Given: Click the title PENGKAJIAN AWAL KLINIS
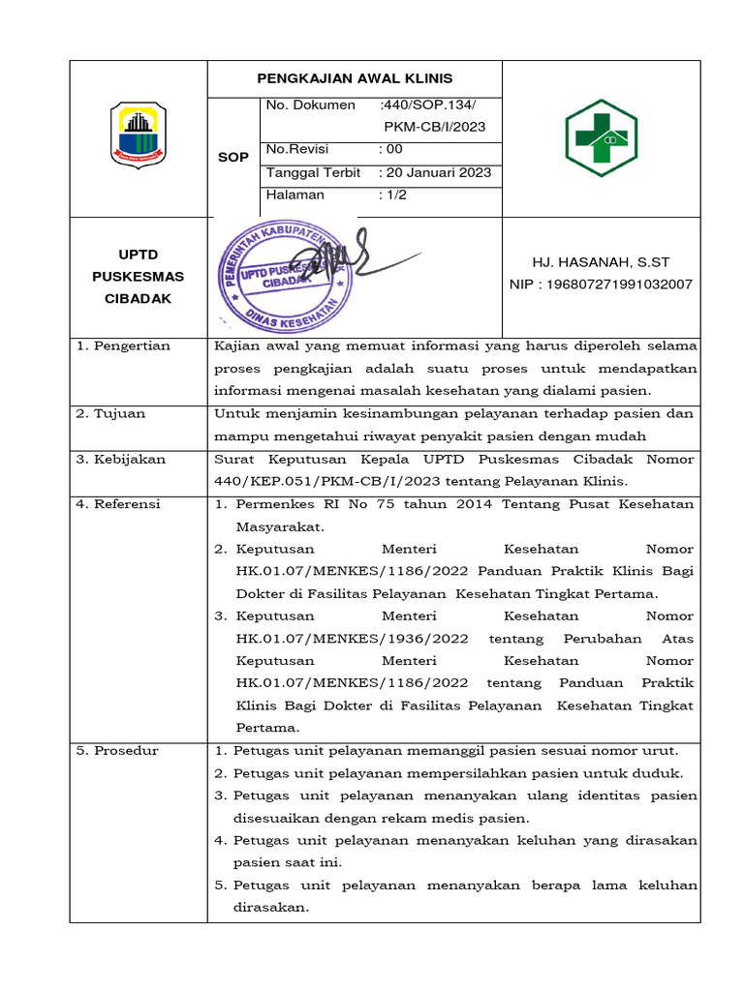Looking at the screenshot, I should (x=355, y=78).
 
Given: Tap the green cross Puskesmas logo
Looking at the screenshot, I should (x=601, y=136).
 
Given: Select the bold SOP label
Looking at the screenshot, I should (x=232, y=157).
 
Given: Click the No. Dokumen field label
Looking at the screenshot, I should (x=311, y=105).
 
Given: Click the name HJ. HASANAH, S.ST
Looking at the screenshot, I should (x=601, y=262).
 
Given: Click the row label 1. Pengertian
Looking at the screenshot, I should (x=123, y=345).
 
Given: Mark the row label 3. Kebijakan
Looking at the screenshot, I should (x=121, y=459).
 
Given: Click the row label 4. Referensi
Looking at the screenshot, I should (x=120, y=504).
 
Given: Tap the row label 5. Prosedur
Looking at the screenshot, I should (x=117, y=750).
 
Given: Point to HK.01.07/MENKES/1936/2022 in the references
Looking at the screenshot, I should (x=353, y=639).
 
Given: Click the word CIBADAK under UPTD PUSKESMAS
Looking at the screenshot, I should (x=138, y=299).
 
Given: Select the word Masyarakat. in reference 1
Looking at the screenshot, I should (x=280, y=527).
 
